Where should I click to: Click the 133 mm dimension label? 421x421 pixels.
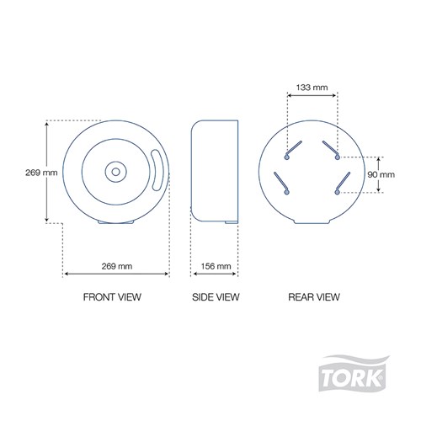tap(312, 88)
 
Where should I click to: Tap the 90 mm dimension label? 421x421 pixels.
tap(381, 174)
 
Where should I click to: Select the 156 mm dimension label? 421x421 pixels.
tap(216, 266)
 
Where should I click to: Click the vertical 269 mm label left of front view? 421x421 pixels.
tap(41, 173)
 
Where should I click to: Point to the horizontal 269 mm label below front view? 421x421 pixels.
tap(117, 266)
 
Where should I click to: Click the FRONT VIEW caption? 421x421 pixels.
tap(112, 297)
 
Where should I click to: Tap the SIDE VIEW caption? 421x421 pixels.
tap(216, 297)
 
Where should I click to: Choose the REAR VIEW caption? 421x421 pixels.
tap(314, 297)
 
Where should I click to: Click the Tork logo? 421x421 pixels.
tap(354, 373)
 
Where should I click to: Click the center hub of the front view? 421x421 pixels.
tap(115, 172)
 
